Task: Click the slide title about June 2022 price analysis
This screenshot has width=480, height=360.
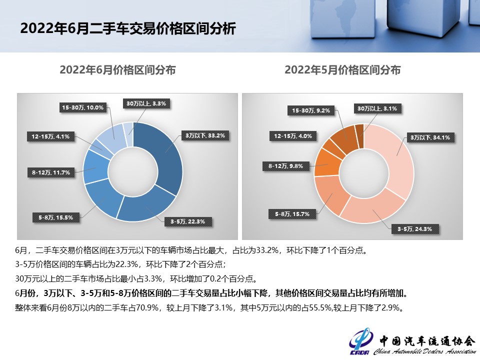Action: click(127, 28)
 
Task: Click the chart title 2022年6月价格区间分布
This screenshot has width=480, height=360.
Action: click(117, 70)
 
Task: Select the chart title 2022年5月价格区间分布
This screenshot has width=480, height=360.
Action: click(342, 70)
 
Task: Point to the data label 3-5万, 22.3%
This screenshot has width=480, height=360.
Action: click(184, 220)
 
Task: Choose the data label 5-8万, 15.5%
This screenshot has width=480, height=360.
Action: click(56, 217)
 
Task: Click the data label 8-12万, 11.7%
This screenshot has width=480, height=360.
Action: click(50, 172)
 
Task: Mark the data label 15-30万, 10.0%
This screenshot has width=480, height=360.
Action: click(83, 107)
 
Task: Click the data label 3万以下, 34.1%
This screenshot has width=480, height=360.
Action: click(430, 137)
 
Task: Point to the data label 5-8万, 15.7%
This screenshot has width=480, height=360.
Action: click(292, 214)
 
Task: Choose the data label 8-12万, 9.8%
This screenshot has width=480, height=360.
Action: click(286, 166)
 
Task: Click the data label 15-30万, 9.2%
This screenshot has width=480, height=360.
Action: click(310, 110)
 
